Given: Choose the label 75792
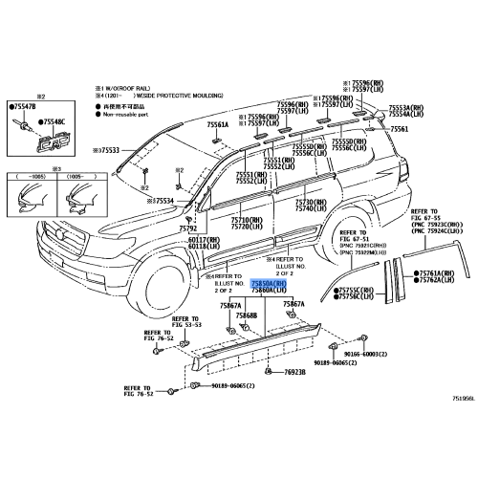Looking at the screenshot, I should (x=187, y=229).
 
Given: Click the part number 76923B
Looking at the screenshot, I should (x=291, y=372).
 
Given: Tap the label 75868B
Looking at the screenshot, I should (x=247, y=315).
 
